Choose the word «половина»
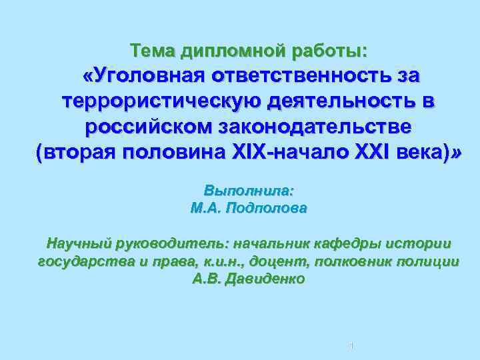(x=179, y=152)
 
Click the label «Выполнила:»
(x=249, y=190)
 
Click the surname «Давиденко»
(x=267, y=279)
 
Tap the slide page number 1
(x=351, y=345)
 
